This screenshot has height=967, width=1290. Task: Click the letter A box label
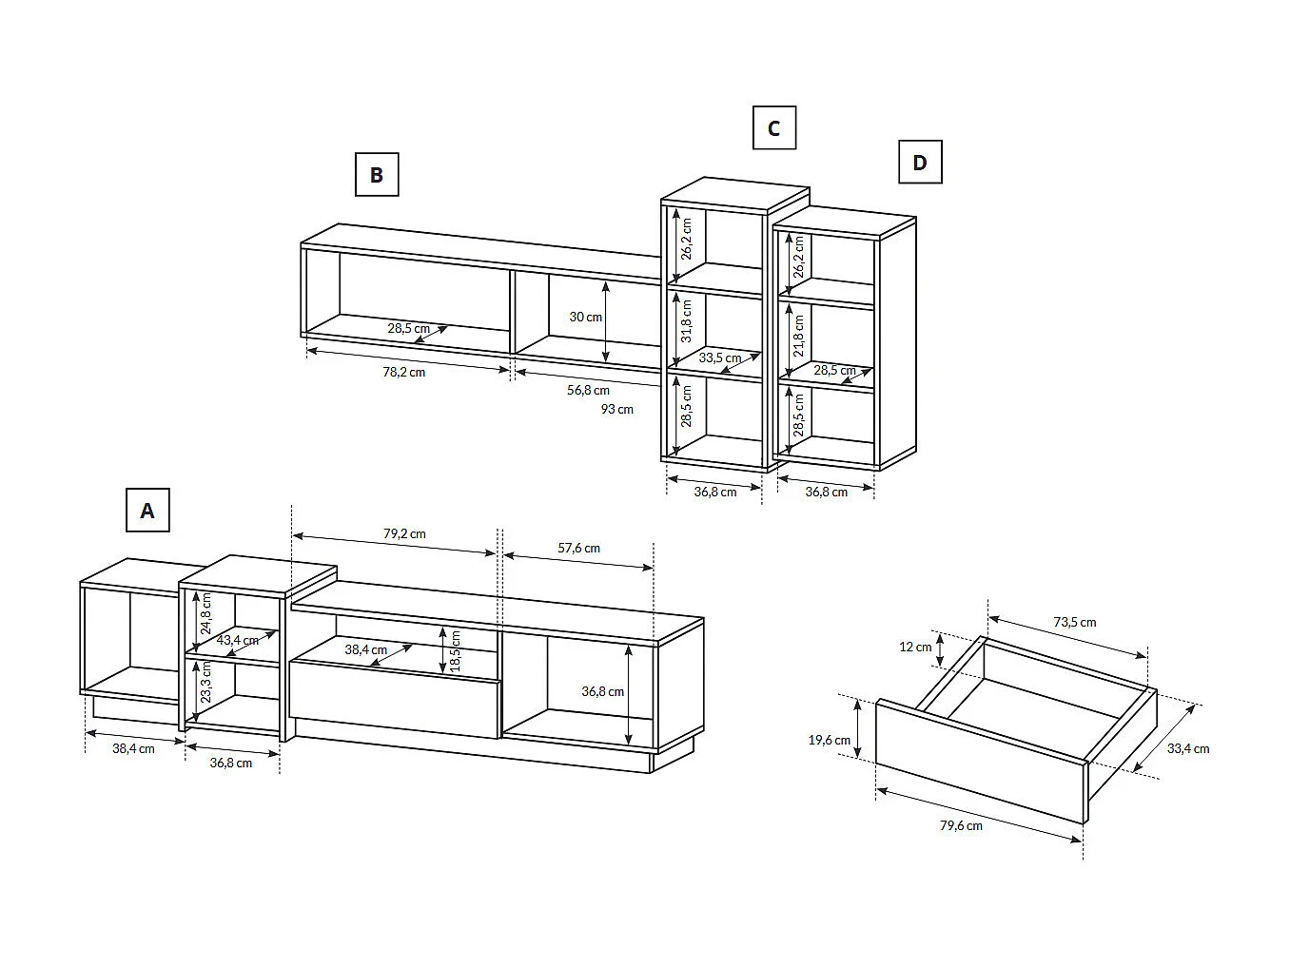[147, 511]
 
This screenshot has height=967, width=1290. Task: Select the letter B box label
[377, 175]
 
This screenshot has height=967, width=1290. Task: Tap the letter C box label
[773, 128]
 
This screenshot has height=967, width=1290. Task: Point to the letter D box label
[920, 163]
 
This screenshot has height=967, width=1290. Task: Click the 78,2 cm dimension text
[404, 372]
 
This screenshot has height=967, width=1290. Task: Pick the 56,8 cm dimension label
[588, 390]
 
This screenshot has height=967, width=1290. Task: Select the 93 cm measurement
[616, 409]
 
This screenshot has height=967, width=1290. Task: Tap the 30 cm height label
[585, 317]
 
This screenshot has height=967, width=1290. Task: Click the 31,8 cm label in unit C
[686, 320]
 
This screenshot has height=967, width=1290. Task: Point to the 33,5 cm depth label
[719, 358]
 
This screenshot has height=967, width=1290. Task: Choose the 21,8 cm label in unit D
[798, 336]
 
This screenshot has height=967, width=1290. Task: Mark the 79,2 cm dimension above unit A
[404, 533]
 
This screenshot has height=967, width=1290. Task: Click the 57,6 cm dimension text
[578, 548]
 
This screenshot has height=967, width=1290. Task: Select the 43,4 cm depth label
[237, 640]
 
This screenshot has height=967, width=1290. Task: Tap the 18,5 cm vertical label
[455, 649]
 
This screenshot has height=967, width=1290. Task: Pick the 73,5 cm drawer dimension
[1074, 622]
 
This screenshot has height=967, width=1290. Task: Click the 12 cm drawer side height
[915, 647]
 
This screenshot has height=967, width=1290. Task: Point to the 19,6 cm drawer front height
[830, 740]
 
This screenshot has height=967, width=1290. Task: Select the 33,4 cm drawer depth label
[1188, 748]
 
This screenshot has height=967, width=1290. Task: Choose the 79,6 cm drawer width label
[961, 825]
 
